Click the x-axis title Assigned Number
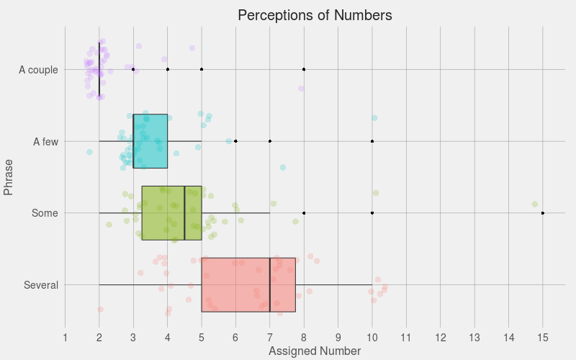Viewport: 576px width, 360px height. coord(314,351)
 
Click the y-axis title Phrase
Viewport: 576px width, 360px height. coord(9,177)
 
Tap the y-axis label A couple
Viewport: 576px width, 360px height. coord(38,70)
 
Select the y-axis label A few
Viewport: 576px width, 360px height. coord(45,142)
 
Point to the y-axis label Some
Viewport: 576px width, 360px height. coord(45,214)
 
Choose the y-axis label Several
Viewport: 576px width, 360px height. coord(41,286)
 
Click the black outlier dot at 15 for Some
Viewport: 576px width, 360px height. coord(542,213)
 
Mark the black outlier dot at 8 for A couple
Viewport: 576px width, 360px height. coord(304,69)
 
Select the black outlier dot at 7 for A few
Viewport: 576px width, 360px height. coord(270,141)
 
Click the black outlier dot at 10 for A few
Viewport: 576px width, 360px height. coord(372,141)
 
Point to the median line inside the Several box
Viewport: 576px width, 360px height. coord(270,284)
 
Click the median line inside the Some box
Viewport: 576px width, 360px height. coord(184,213)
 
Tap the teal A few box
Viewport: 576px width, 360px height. coord(150,141)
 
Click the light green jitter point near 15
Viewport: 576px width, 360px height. coord(535,204)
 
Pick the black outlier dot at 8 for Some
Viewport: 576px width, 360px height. coord(304,213)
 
